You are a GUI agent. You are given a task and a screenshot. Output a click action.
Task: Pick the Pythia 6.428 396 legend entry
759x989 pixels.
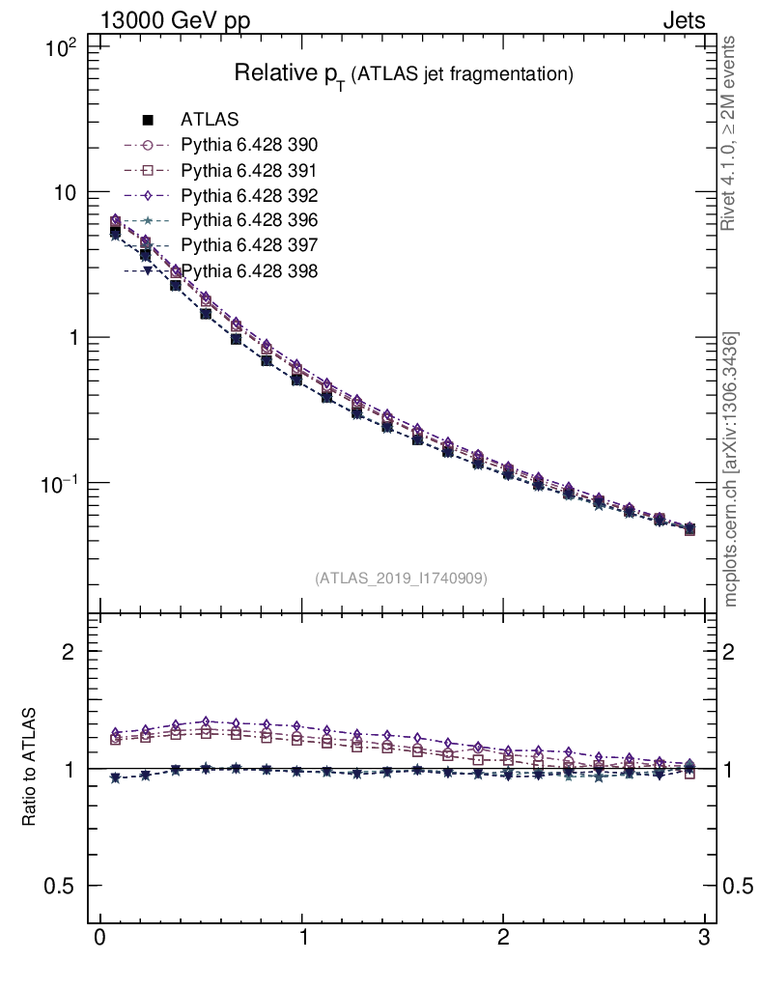click(x=249, y=220)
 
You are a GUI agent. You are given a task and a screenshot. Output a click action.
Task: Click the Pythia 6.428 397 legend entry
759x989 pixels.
click(x=249, y=245)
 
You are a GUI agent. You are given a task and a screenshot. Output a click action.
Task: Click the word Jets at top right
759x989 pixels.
click(x=683, y=20)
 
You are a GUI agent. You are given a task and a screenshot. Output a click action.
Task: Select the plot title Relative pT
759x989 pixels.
click(x=405, y=74)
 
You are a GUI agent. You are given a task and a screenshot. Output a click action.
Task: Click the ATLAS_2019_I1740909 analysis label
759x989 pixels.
click(x=401, y=579)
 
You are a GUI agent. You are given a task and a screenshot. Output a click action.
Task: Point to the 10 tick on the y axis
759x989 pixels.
click(x=69, y=192)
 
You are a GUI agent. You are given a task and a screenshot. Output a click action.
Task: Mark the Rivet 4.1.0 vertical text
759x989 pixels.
click(x=729, y=133)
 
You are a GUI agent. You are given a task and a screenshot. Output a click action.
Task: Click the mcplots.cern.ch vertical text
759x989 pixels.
click(x=731, y=469)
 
